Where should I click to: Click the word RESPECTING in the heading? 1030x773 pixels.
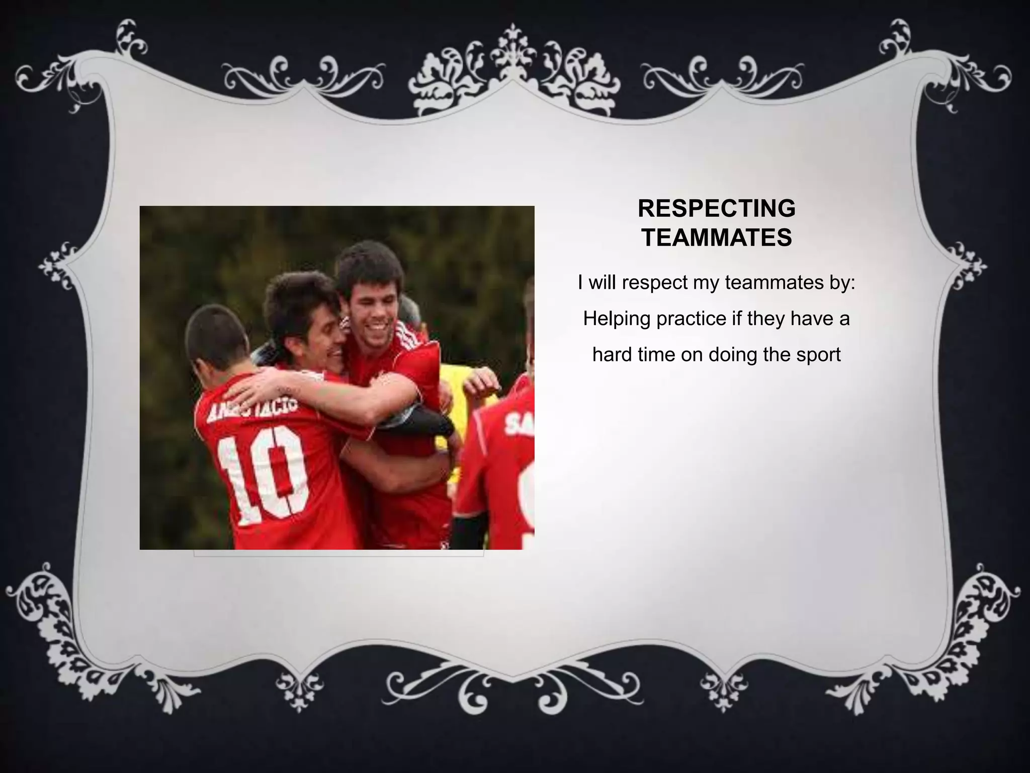coord(716,209)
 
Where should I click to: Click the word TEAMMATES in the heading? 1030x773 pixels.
coord(716,238)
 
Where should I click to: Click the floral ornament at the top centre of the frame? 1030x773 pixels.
coord(512,75)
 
